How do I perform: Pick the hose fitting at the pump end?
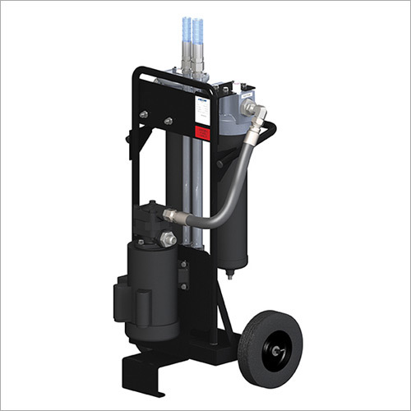coord(172,216)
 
